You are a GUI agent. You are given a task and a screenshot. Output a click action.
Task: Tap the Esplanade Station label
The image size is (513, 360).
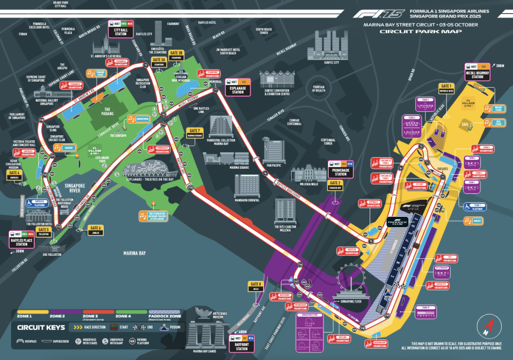coord(237,88)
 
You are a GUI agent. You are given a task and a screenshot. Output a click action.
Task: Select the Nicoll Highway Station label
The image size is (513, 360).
coord(477,74)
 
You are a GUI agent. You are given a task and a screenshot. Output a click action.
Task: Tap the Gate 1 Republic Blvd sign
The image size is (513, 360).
coord(445,89)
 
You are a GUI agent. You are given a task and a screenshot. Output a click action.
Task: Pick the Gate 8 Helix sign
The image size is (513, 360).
coord(255,286)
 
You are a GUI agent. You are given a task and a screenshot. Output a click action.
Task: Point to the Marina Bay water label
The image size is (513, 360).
coord(135,253)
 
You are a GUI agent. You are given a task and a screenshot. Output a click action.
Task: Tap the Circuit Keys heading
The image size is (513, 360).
coord(41,328)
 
